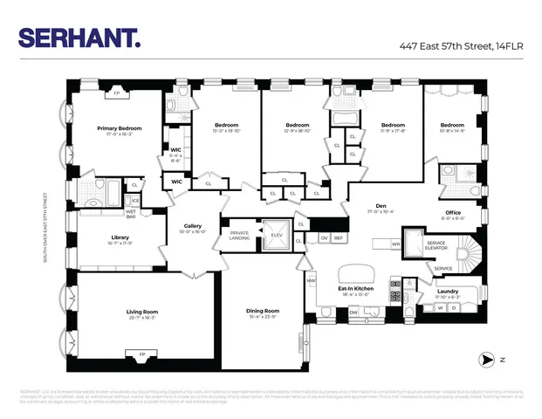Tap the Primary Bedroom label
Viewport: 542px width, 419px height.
(119, 128)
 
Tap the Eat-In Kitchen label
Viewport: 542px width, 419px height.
(355, 288)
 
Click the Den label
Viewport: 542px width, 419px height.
(381, 206)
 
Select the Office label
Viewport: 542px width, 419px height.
(452, 213)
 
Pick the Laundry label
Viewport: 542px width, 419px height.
(448, 291)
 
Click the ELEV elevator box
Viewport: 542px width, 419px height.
(277, 235)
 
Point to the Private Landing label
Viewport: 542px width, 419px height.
(239, 235)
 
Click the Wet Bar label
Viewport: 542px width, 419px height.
(131, 212)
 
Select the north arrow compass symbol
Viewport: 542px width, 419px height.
(488, 359)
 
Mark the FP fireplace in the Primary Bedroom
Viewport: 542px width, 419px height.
(116, 92)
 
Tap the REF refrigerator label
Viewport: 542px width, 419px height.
(339, 237)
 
